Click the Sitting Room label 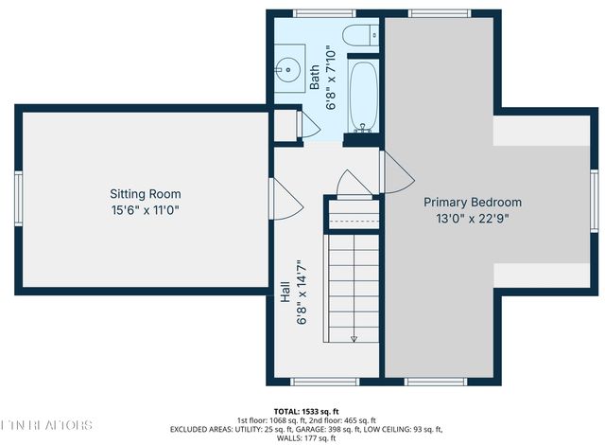[145, 194]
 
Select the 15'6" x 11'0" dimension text [145, 210]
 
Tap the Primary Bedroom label [472, 202]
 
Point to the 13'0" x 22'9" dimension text [472, 218]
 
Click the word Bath [315, 77]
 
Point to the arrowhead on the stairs [353, 338]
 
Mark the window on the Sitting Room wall [17, 201]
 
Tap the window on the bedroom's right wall [594, 201]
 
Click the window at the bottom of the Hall [324, 382]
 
